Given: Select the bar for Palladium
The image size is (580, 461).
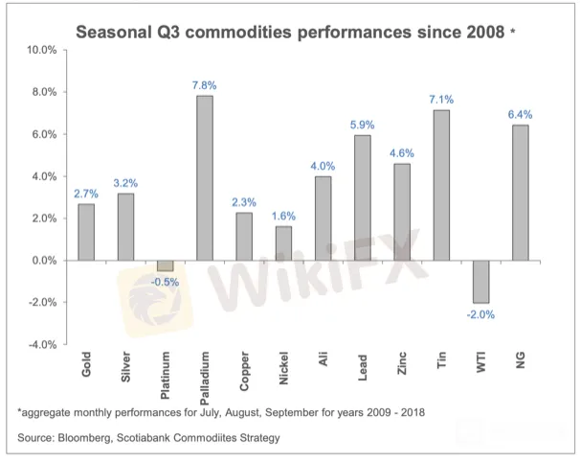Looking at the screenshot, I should (x=205, y=177).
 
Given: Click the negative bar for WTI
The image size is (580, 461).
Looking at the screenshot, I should (x=480, y=281).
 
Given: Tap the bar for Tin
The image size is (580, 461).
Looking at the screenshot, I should (x=441, y=185).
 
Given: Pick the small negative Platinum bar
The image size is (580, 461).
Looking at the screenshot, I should (x=166, y=265).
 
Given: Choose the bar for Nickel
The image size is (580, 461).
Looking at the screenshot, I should (x=283, y=243).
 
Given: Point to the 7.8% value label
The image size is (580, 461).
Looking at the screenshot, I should (x=205, y=84).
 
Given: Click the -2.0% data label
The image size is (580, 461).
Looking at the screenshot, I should (x=480, y=314).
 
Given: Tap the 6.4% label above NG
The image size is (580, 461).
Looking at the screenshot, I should (x=521, y=114).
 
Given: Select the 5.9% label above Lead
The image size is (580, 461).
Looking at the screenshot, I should (x=363, y=125).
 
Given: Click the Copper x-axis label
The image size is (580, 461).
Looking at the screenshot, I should (x=245, y=368).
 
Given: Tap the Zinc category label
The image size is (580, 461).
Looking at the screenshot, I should (x=403, y=363).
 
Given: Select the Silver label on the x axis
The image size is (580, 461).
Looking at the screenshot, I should (x=126, y=366).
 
